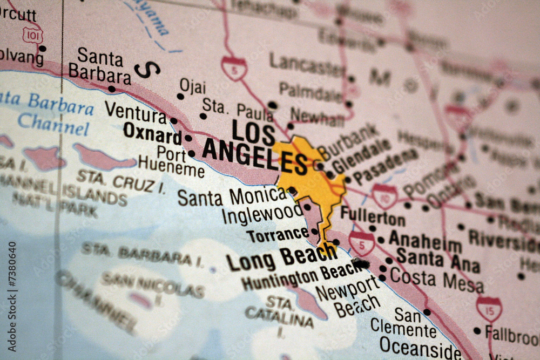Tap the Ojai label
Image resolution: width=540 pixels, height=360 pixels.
pos(192,85)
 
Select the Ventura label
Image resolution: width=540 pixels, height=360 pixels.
pos(136,112)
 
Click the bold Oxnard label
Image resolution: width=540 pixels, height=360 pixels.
pos(152,132)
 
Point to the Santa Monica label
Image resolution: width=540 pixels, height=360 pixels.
pos(232,196)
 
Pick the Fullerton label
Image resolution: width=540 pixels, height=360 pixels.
pos(373,216)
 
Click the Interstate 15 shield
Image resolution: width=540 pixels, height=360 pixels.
pos(489,309)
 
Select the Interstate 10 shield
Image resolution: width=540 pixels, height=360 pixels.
pos(384,196)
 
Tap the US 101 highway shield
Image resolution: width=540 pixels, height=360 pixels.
pos(33,35)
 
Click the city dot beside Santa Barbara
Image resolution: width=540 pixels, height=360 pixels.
pos(111,89)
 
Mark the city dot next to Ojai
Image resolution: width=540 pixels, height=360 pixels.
pos(180,97)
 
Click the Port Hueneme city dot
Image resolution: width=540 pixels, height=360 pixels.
pos(191,154)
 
